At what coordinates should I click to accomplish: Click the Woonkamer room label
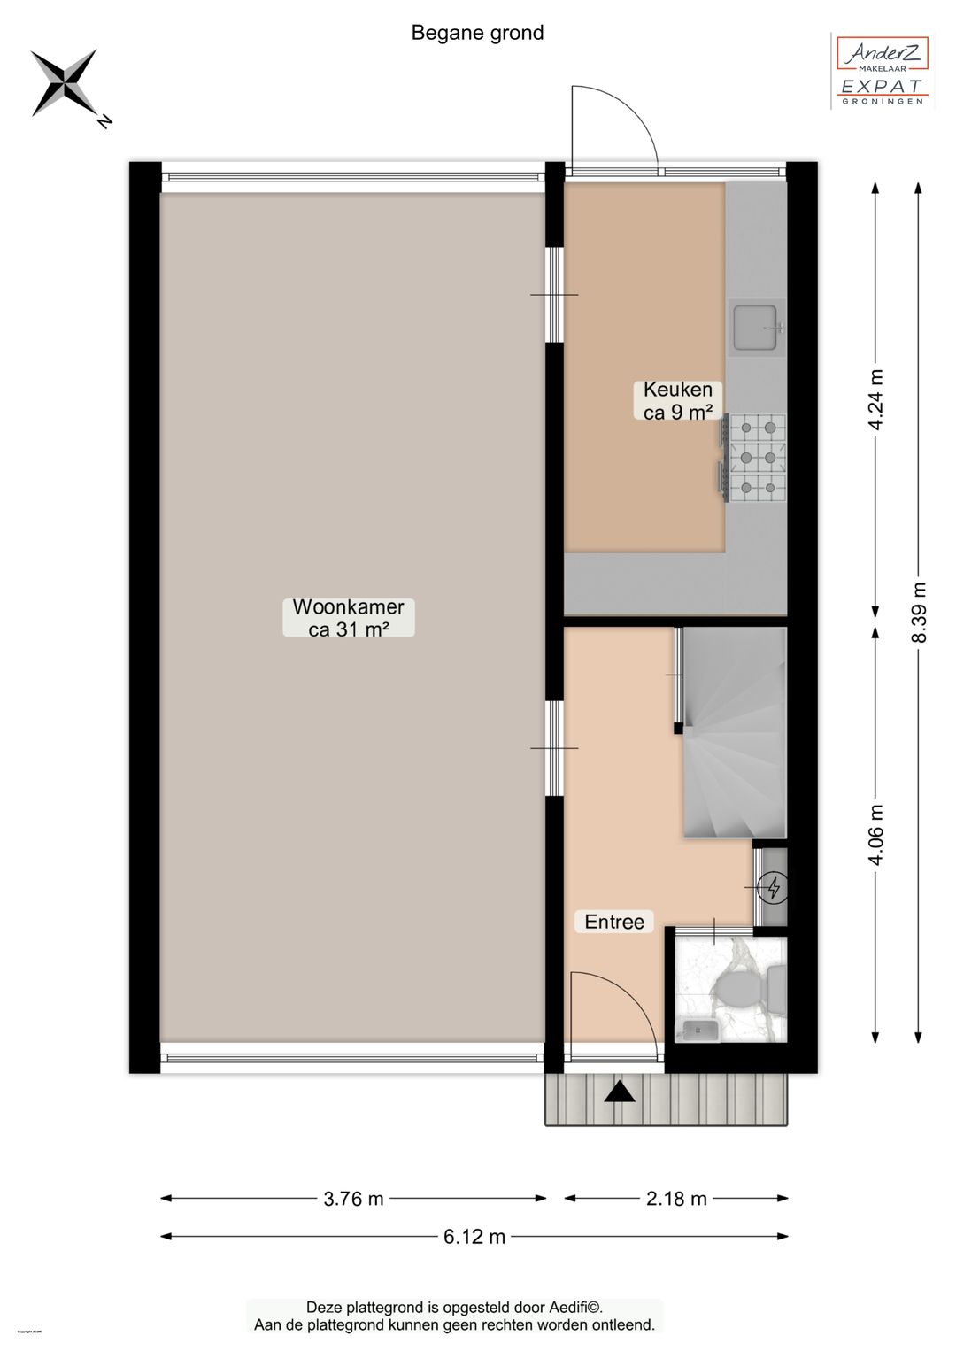(x=348, y=618)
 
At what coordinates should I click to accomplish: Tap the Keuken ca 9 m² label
(x=678, y=401)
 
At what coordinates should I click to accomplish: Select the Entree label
(x=614, y=922)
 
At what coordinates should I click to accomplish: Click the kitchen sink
(x=755, y=327)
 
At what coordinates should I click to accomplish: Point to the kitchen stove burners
(x=757, y=458)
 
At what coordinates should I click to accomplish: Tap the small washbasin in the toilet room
(x=698, y=1030)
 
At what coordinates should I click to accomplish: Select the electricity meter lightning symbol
(x=774, y=887)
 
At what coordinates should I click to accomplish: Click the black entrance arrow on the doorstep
(x=620, y=1092)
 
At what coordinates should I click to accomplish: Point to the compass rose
(x=63, y=82)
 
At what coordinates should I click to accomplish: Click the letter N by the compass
(x=104, y=121)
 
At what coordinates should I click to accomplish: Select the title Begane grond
(x=477, y=33)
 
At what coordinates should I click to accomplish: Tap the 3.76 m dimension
(x=353, y=1199)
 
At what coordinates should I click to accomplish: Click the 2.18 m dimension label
(x=676, y=1199)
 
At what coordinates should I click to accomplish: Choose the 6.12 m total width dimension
(x=474, y=1237)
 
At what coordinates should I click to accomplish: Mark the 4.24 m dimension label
(x=875, y=399)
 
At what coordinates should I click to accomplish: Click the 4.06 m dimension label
(x=875, y=835)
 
